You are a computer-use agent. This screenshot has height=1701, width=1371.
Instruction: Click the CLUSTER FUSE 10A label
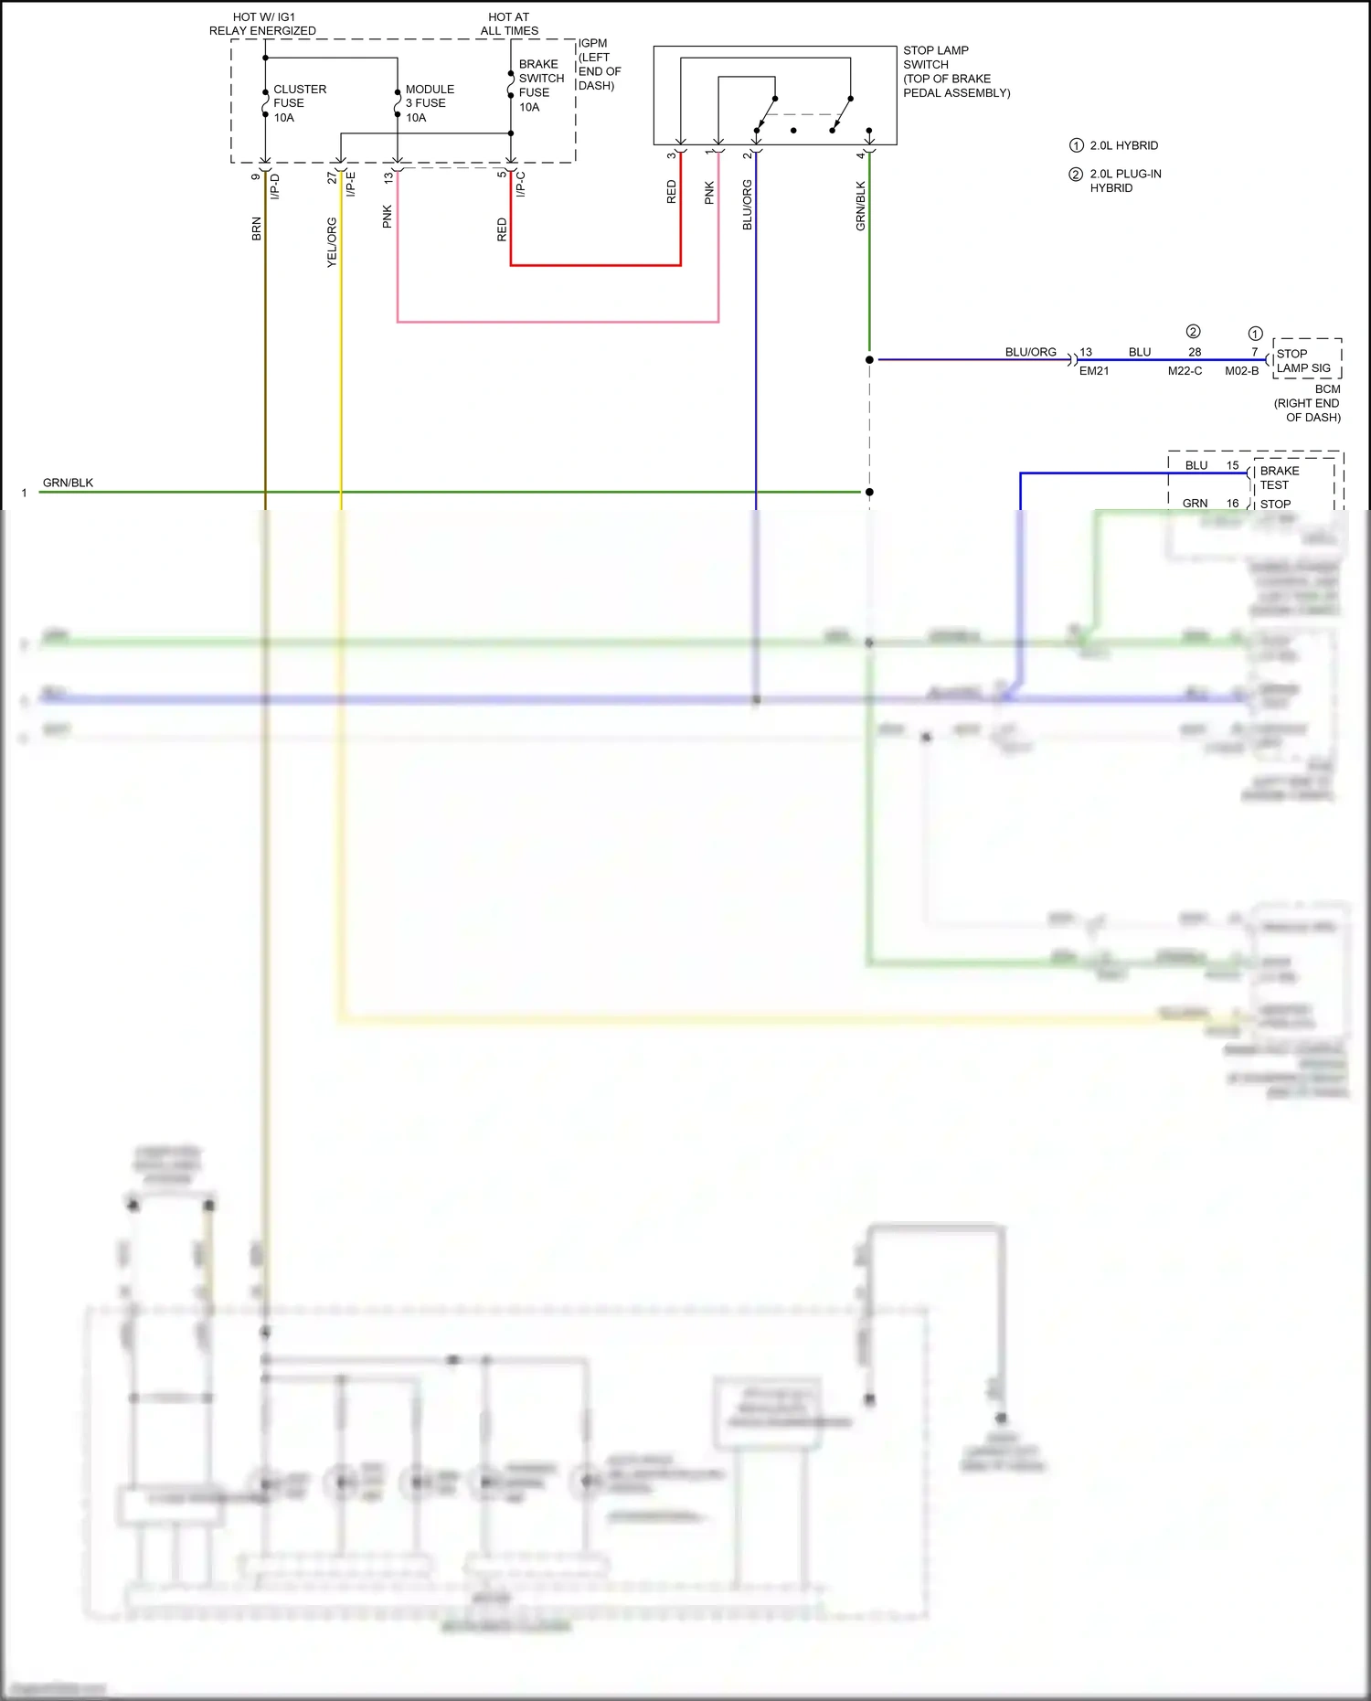(x=299, y=103)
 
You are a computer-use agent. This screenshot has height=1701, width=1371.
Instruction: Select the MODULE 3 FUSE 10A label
(x=429, y=103)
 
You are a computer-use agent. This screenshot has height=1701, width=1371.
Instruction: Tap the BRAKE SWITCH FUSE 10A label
(x=541, y=86)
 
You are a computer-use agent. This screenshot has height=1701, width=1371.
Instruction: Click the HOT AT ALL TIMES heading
(x=509, y=24)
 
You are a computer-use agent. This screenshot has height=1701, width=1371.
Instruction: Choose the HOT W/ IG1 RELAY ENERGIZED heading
(x=262, y=24)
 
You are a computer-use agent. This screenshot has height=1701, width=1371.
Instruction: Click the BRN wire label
(x=257, y=229)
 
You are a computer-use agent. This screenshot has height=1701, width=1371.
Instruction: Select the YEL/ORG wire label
(x=332, y=242)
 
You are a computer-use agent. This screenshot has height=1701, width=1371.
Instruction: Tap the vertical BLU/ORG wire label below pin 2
(x=747, y=205)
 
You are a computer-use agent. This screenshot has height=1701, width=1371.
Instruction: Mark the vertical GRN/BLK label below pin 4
(x=860, y=206)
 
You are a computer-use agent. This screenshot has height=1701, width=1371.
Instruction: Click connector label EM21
(x=1093, y=371)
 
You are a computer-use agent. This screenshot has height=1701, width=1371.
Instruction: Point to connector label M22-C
(x=1185, y=371)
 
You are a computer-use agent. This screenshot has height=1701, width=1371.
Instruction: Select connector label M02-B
(x=1241, y=371)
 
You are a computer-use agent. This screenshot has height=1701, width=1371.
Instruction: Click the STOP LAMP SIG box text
(x=1303, y=361)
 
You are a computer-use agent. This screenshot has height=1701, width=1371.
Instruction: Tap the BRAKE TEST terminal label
(x=1279, y=478)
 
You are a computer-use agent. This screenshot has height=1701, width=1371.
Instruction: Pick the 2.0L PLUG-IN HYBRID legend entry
(x=1124, y=181)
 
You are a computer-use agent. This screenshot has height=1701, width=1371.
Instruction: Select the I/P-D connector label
(x=275, y=186)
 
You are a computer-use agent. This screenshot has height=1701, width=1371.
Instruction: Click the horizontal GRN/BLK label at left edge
(x=68, y=483)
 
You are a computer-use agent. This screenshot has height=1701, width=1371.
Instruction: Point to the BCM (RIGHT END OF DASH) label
(x=1308, y=403)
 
